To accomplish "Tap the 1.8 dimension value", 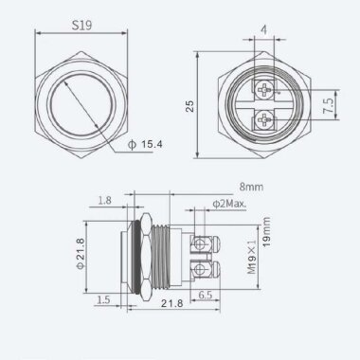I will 103,202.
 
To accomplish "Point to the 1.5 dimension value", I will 104,299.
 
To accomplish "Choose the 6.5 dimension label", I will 206,296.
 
